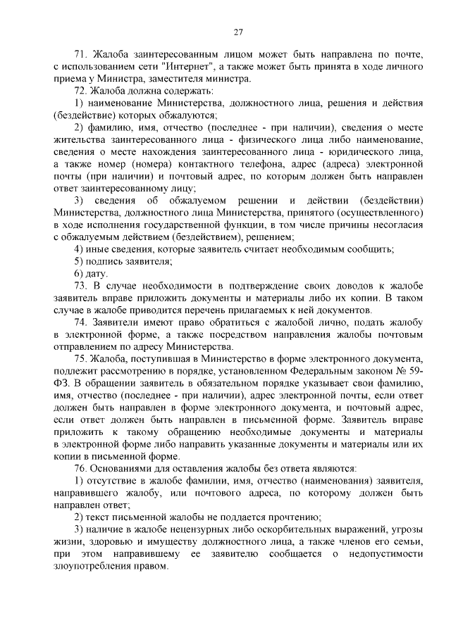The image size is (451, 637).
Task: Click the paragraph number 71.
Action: (80, 54)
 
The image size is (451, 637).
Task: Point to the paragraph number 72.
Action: (80, 91)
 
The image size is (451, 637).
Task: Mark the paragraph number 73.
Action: (80, 285)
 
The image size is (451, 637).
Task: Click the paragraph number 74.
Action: (80, 322)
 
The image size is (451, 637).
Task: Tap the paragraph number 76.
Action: (80, 467)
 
